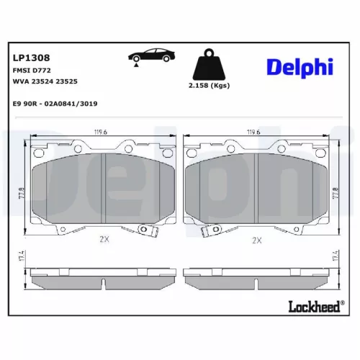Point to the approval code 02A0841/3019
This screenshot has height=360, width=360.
71,104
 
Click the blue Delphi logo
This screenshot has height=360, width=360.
301,67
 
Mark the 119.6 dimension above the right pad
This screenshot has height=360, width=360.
253,132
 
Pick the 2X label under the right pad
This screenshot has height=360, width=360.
256,240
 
